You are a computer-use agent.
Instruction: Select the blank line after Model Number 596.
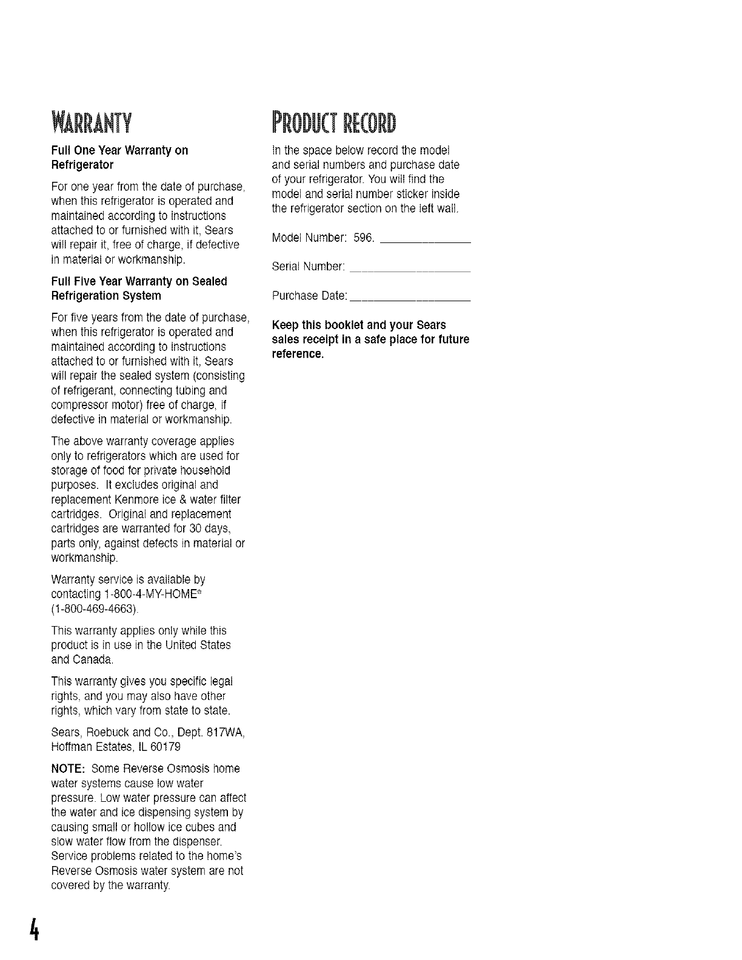[424, 242]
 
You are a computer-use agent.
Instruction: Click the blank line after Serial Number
[410, 272]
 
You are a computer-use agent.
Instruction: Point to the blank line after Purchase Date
[410, 301]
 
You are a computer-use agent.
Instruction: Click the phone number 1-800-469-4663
[95, 608]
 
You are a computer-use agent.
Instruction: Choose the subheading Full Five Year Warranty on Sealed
[139, 281]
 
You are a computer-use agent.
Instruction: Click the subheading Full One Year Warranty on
[120, 150]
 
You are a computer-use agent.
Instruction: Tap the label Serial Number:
[309, 267]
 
